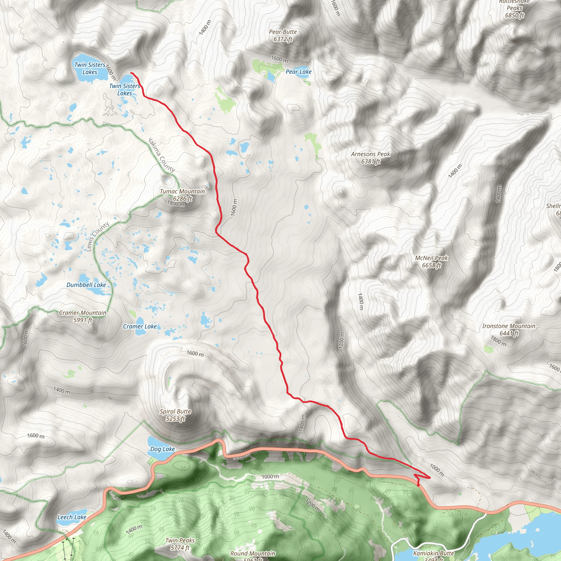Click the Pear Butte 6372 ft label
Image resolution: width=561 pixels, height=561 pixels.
[x=283, y=35]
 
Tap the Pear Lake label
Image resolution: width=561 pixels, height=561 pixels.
[x=298, y=72]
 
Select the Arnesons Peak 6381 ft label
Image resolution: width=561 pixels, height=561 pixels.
[x=371, y=158]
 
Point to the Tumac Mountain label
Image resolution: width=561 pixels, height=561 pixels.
[x=182, y=192]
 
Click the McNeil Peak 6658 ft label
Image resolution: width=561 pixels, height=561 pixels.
[x=431, y=261]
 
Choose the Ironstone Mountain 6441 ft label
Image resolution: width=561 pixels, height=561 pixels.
[x=509, y=330]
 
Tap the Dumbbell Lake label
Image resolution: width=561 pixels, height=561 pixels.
[x=86, y=285]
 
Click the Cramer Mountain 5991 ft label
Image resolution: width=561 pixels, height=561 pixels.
[x=83, y=316]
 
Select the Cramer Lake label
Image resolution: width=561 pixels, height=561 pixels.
[x=140, y=326]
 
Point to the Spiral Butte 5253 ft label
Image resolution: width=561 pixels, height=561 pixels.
[x=175, y=415]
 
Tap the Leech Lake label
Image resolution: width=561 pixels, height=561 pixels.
[x=72, y=517]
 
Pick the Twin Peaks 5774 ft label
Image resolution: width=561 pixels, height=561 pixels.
[x=180, y=544]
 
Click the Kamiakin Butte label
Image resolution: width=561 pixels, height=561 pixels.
[x=433, y=553]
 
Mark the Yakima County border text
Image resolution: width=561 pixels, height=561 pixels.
[x=161, y=155]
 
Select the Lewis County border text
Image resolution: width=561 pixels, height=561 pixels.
[x=98, y=236]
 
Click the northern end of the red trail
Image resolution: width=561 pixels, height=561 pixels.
[x=131, y=73]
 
